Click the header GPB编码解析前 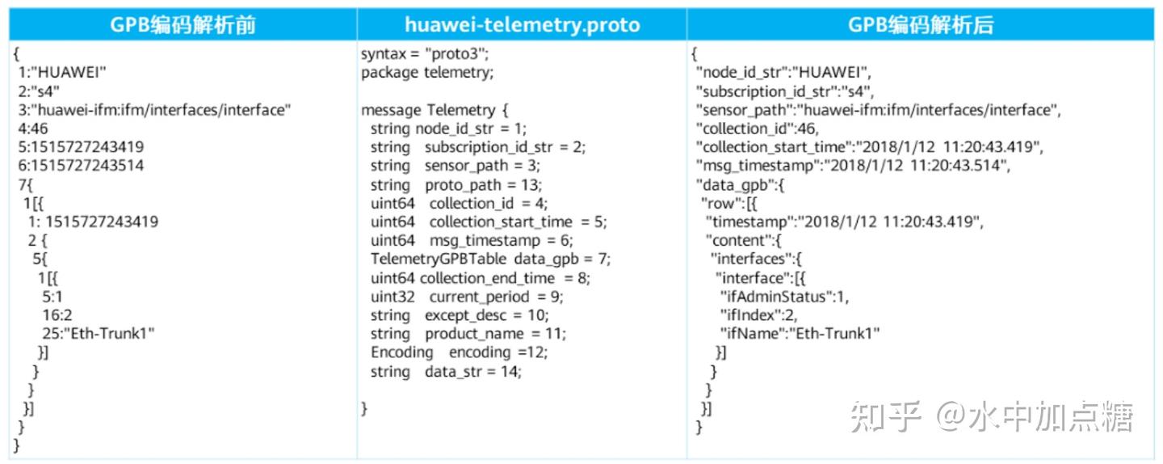183,25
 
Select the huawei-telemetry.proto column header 522,25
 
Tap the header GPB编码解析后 921,25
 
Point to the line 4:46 33,129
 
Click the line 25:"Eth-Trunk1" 99,333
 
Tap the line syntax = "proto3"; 425,54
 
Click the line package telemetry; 426,73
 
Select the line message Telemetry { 435,110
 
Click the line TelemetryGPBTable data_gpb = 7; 491,259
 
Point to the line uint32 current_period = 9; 467,296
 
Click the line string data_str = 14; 446,371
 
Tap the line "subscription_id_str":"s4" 785,91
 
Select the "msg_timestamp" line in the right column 853,166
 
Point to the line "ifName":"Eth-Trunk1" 800,333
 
